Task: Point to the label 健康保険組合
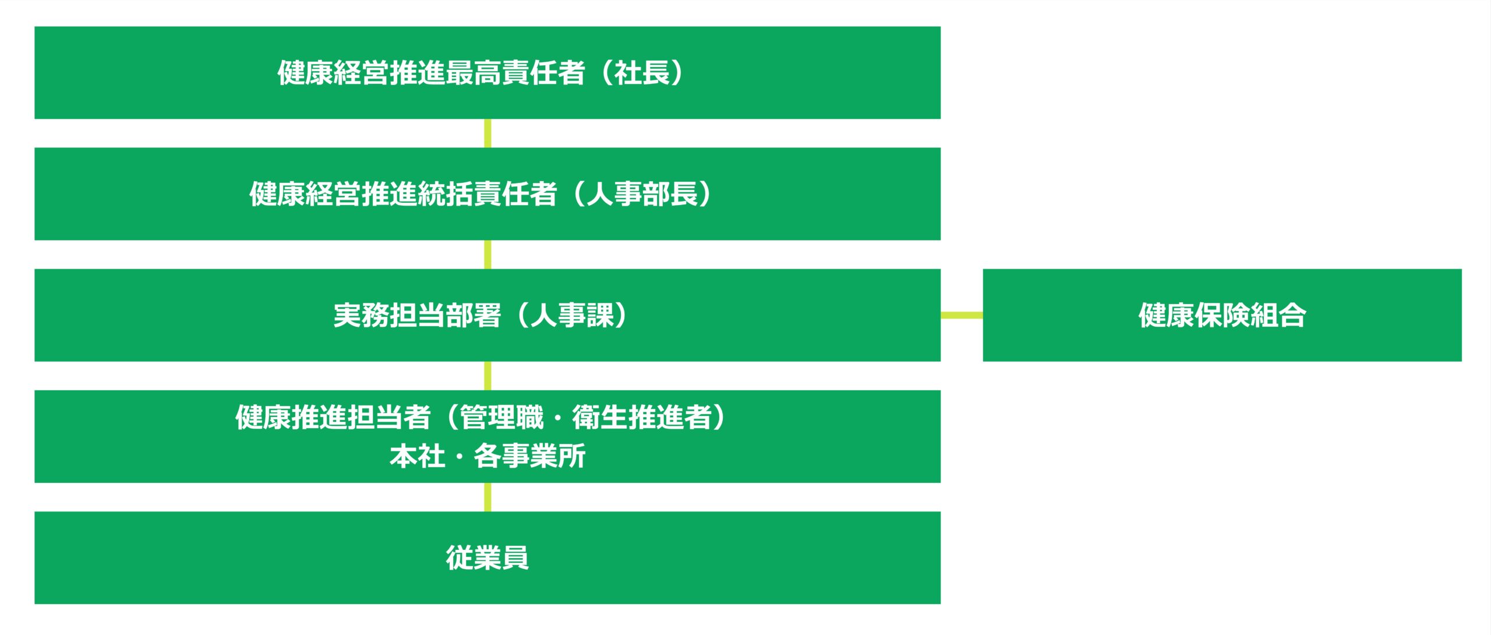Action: click(1222, 315)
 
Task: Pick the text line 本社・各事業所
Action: click(487, 456)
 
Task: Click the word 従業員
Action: click(487, 558)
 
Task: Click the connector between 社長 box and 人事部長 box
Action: click(487, 133)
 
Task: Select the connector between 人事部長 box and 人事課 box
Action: click(487, 255)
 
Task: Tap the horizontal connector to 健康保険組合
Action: click(962, 315)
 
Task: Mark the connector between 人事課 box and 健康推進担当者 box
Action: click(487, 376)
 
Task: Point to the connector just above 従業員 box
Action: click(487, 497)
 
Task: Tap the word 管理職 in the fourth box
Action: click(501, 417)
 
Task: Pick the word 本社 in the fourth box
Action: click(417, 456)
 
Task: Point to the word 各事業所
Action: click(529, 456)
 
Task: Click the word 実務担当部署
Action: click(417, 315)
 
